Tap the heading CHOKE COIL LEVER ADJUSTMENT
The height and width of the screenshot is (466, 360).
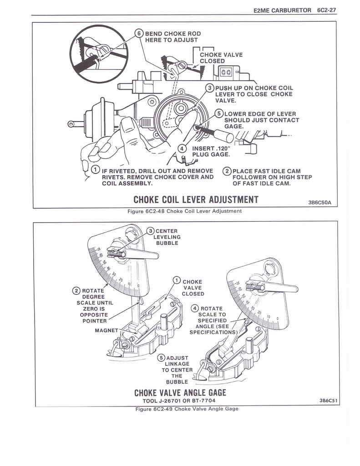tap(196, 200)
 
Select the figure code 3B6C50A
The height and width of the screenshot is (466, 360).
tap(321, 203)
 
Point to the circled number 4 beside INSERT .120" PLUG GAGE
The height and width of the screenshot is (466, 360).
tap(182, 148)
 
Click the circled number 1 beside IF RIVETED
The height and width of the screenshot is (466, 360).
tap(96, 171)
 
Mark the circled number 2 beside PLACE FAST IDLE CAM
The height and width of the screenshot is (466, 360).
tap(227, 171)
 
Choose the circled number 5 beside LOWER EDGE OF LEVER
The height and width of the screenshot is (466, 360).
tap(219, 114)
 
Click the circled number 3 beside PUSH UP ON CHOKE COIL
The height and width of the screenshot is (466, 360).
tap(210, 88)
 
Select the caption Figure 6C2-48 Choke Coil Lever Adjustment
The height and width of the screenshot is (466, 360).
tap(184, 211)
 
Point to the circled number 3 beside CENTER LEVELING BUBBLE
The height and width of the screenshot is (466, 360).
tap(151, 231)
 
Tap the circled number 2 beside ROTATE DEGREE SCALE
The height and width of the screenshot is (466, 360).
tap(76, 291)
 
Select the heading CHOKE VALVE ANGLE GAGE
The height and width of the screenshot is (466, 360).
tap(180, 392)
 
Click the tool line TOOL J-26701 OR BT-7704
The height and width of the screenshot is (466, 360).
tap(179, 400)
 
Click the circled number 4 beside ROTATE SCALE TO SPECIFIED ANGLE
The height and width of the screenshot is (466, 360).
tap(196, 308)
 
